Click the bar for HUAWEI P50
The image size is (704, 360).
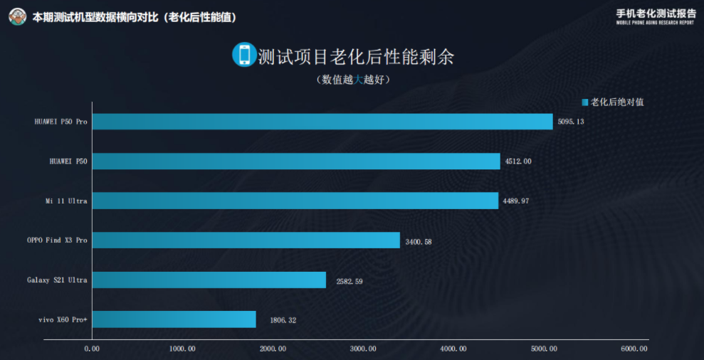[296, 162]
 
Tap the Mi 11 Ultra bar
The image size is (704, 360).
[295, 201]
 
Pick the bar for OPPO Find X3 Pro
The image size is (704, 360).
[246, 240]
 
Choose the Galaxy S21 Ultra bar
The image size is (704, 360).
[209, 280]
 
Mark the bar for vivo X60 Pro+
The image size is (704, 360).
[174, 319]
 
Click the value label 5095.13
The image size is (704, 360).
[571, 122]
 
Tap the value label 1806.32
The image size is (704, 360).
[283, 320]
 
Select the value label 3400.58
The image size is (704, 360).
[418, 241]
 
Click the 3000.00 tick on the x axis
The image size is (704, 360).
[363, 349]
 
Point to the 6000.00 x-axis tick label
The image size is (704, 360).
[634, 349]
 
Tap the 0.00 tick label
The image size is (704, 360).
[92, 349]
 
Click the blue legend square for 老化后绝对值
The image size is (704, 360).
[584, 102]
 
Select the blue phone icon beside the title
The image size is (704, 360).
[243, 55]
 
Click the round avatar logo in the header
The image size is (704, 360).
[18, 16]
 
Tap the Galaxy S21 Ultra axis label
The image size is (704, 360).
[57, 280]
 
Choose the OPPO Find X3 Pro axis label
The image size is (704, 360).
[57, 240]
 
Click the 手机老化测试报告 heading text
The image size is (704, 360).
[656, 12]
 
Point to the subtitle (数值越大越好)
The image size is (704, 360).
[354, 80]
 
